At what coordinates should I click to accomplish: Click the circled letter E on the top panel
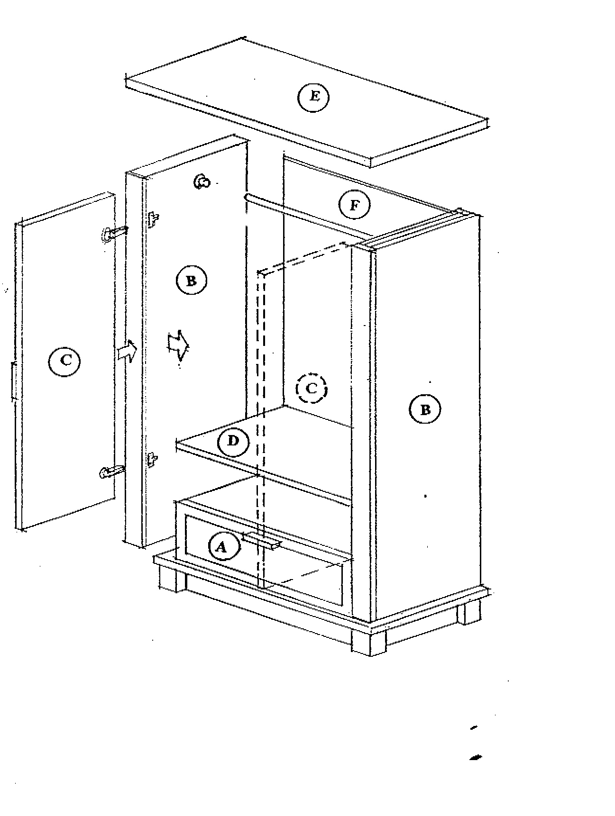(313, 97)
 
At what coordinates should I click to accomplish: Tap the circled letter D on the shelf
(233, 442)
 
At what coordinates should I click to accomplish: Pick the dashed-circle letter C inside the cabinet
(311, 389)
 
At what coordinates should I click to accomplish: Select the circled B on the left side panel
(191, 281)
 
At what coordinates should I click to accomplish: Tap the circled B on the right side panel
(425, 409)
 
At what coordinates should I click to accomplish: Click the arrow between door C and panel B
(127, 351)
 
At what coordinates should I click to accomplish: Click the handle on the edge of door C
(13, 381)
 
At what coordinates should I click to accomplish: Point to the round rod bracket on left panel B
(202, 181)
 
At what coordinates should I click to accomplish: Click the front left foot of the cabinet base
(172, 578)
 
